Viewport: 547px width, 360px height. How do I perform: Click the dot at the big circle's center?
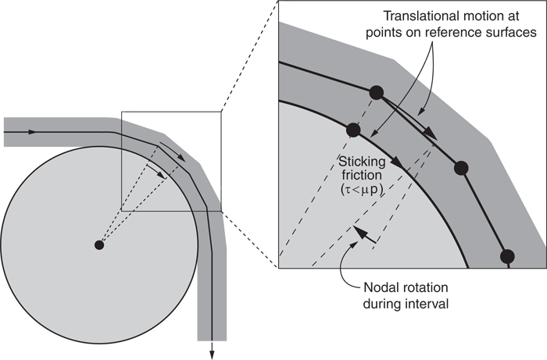tap(99, 245)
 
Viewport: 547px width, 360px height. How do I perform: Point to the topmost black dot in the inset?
tap(376, 93)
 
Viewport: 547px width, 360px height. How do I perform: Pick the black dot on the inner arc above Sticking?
tap(352, 129)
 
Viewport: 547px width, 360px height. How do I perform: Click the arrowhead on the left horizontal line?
tap(31, 132)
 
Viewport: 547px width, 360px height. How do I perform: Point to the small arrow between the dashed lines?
tap(357, 233)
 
